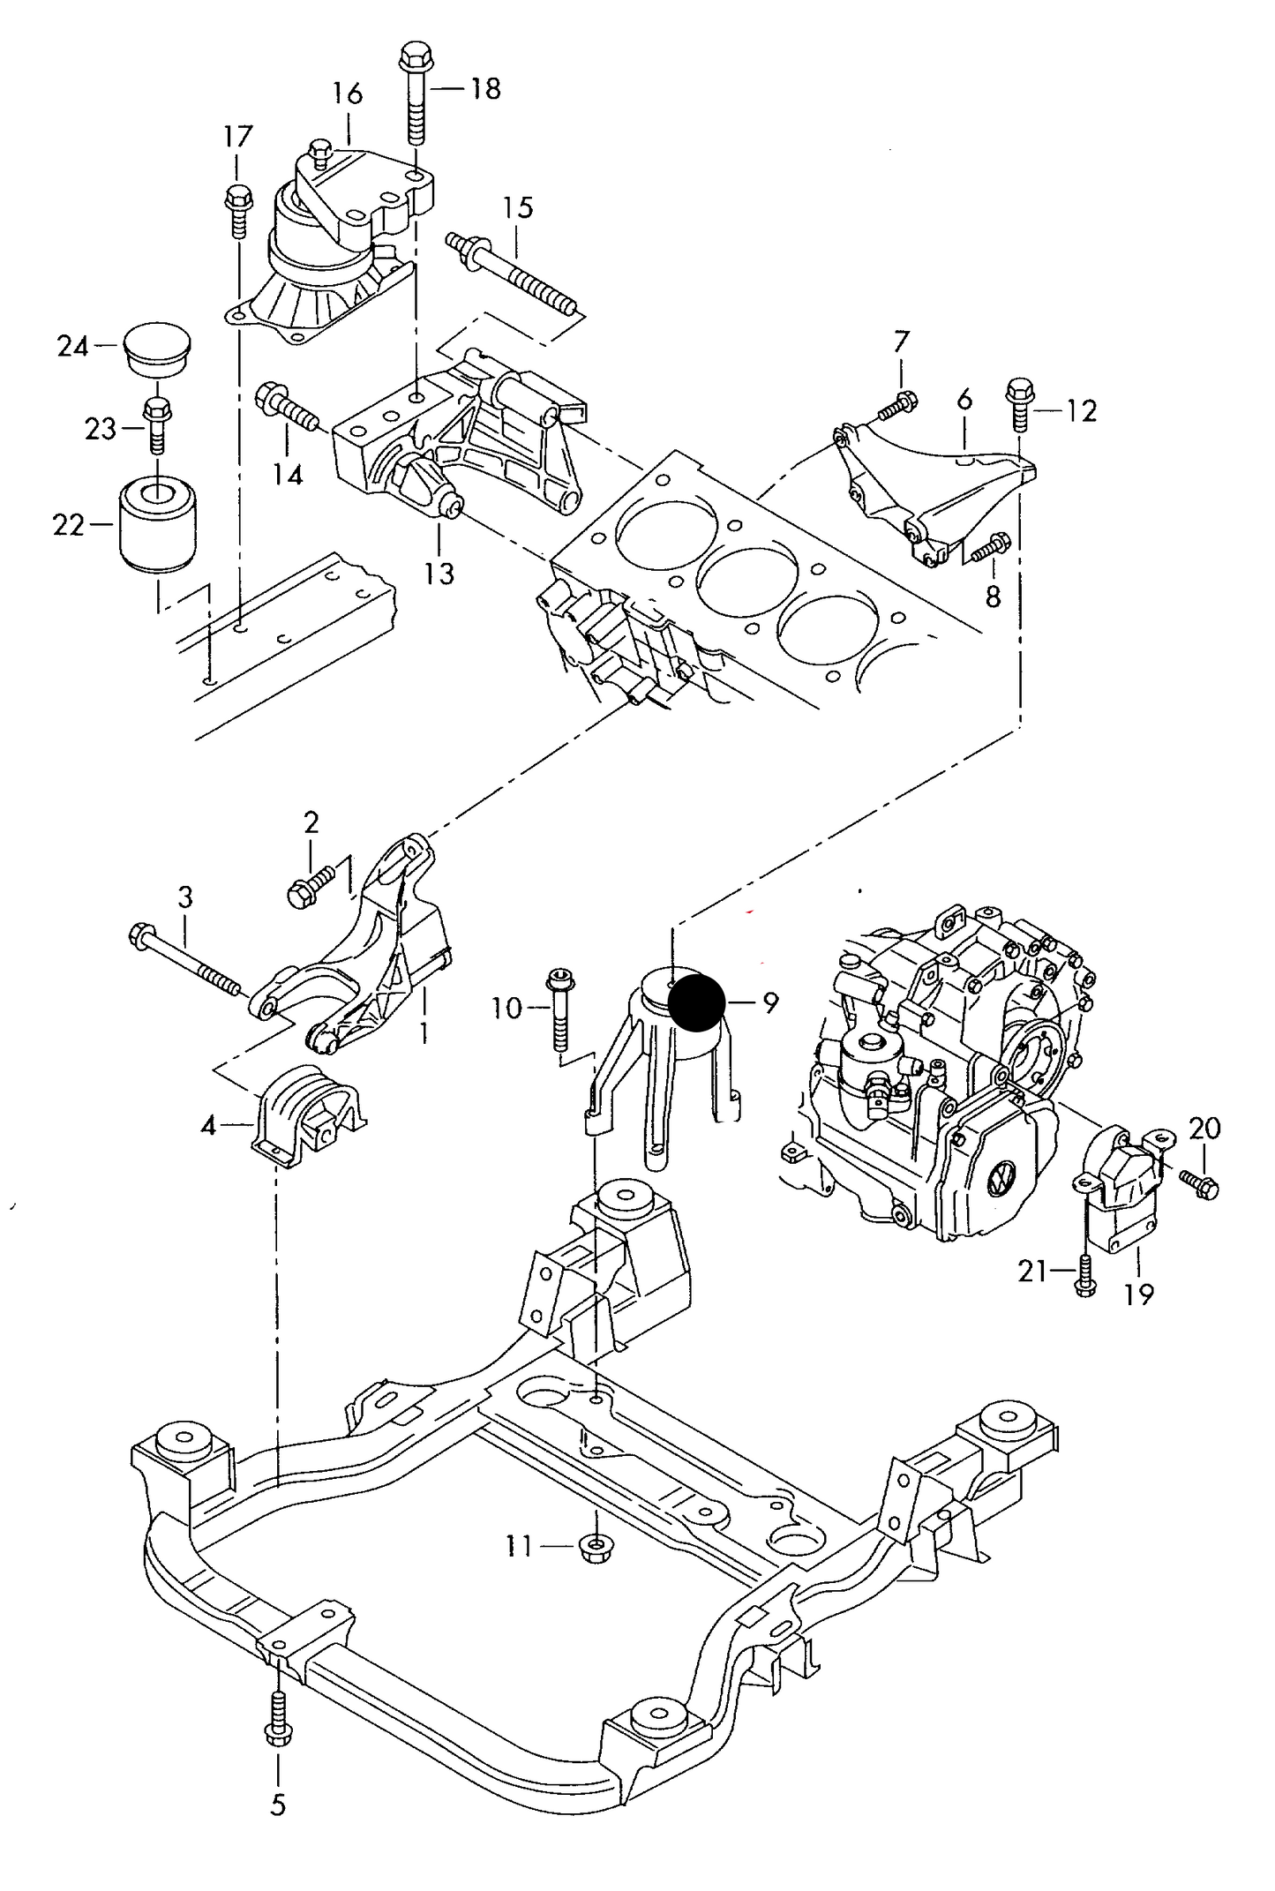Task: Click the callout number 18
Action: click(x=485, y=88)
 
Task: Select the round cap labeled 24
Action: click(x=157, y=348)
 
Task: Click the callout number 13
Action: click(x=439, y=574)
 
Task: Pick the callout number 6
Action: click(x=964, y=399)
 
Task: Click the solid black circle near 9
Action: click(x=696, y=1002)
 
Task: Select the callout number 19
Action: click(x=1139, y=1294)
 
